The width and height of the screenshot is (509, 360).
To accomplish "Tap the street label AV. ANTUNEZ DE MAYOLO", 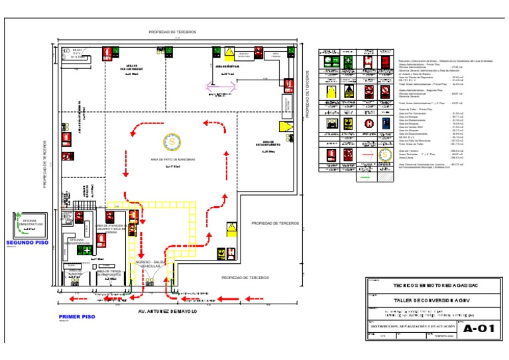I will point(167,311).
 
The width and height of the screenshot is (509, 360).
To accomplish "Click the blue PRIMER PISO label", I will point(77,317).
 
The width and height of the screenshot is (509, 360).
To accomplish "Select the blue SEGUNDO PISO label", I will point(27,243).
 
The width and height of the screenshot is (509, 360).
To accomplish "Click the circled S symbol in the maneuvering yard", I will point(171,141).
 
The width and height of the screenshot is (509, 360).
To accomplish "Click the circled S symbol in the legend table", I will point(385,154).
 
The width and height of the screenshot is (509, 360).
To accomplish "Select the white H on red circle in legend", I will point(368,122).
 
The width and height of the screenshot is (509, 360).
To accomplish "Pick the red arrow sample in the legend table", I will point(367,154).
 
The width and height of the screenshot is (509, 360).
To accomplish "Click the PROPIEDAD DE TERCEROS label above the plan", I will point(171,31).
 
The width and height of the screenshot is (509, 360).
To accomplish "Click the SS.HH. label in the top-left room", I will point(76,50).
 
